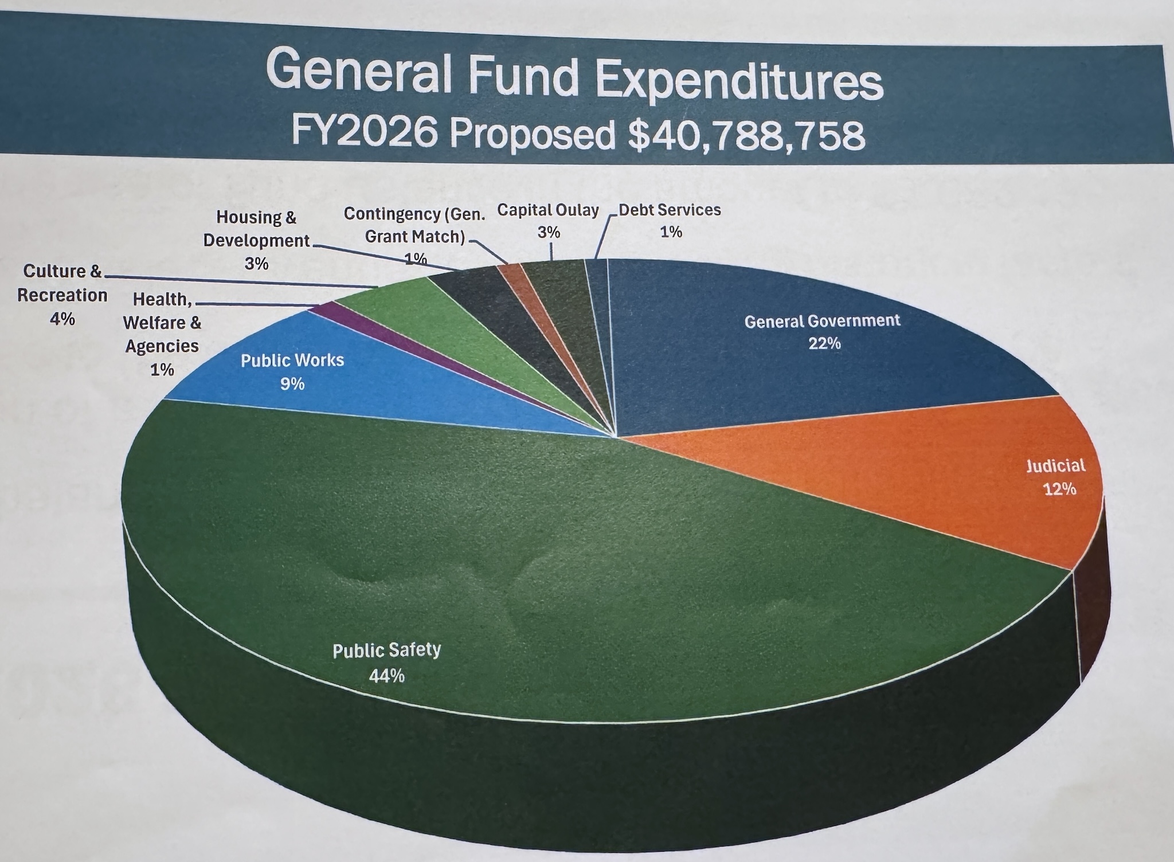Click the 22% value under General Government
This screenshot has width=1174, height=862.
click(824, 344)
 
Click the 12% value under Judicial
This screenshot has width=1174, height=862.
click(1059, 489)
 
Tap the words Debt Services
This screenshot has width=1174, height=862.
click(670, 210)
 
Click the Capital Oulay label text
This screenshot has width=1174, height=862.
click(547, 210)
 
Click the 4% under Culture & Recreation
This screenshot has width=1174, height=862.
click(62, 319)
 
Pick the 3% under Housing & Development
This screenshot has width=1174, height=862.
click(256, 264)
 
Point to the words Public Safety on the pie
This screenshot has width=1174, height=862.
click(386, 651)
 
